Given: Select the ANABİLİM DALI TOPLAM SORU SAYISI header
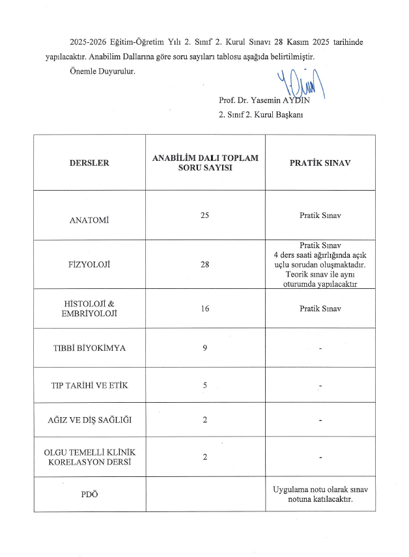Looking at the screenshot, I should tap(205, 163).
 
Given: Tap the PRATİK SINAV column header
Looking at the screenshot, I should tap(320, 163).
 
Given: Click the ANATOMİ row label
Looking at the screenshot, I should tap(89, 220).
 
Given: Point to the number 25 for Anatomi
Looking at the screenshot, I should tap(205, 215).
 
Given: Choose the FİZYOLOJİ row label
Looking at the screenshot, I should tap(89, 265).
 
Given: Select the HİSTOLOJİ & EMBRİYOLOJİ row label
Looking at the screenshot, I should tap(89, 308).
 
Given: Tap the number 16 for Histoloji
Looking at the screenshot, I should tap(205, 308).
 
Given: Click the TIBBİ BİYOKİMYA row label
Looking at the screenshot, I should tap(89, 348).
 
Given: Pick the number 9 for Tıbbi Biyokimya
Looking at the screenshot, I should tap(205, 348).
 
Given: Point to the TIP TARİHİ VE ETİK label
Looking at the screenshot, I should tap(89, 386).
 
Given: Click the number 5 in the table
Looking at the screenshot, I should tap(205, 386).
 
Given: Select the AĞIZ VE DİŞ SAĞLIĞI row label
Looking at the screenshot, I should tap(89, 419).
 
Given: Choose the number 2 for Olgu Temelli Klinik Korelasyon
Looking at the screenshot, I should tap(205, 457).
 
